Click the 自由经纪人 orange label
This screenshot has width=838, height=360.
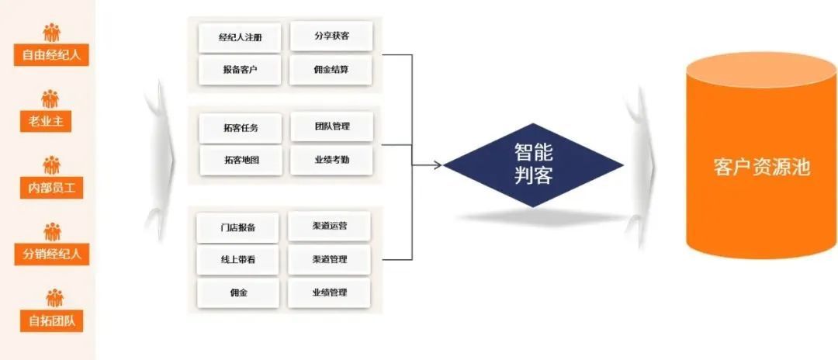tap(51, 55)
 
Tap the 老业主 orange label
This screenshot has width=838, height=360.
tap(51, 121)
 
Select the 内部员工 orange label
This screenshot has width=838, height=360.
tap(51, 187)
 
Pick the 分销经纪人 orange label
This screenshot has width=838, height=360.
tap(51, 253)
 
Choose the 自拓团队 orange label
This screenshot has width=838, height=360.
tap(51, 320)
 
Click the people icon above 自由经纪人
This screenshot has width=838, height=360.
tap(51, 32)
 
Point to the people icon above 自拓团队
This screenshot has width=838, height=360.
tap(51, 298)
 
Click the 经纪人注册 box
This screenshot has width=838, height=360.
tap(240, 36)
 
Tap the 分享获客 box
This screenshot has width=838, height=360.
tap(331, 36)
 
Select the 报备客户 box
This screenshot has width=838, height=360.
tap(240, 70)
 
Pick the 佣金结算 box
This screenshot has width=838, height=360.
tap(331, 70)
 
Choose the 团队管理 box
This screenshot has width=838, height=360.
tap(332, 126)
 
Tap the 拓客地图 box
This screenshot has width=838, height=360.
tap(241, 160)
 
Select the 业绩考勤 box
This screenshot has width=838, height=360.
tap(332, 159)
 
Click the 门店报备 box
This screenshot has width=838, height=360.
tap(237, 227)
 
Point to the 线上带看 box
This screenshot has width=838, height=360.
tap(237, 260)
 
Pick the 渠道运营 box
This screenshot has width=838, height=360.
tap(329, 226)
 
